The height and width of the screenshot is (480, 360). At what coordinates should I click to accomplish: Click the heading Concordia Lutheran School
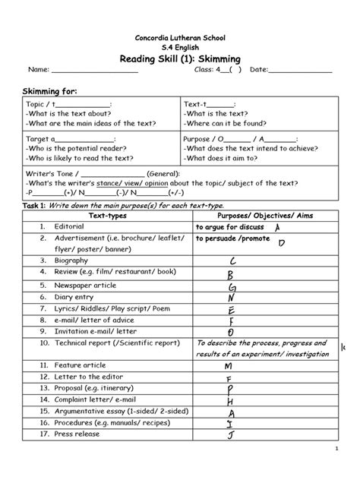pyautogui.click(x=180, y=37)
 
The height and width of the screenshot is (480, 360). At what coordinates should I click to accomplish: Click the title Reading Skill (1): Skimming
pyautogui.click(x=180, y=60)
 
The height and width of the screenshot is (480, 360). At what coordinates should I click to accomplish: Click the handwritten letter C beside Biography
pyautogui.click(x=233, y=261)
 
